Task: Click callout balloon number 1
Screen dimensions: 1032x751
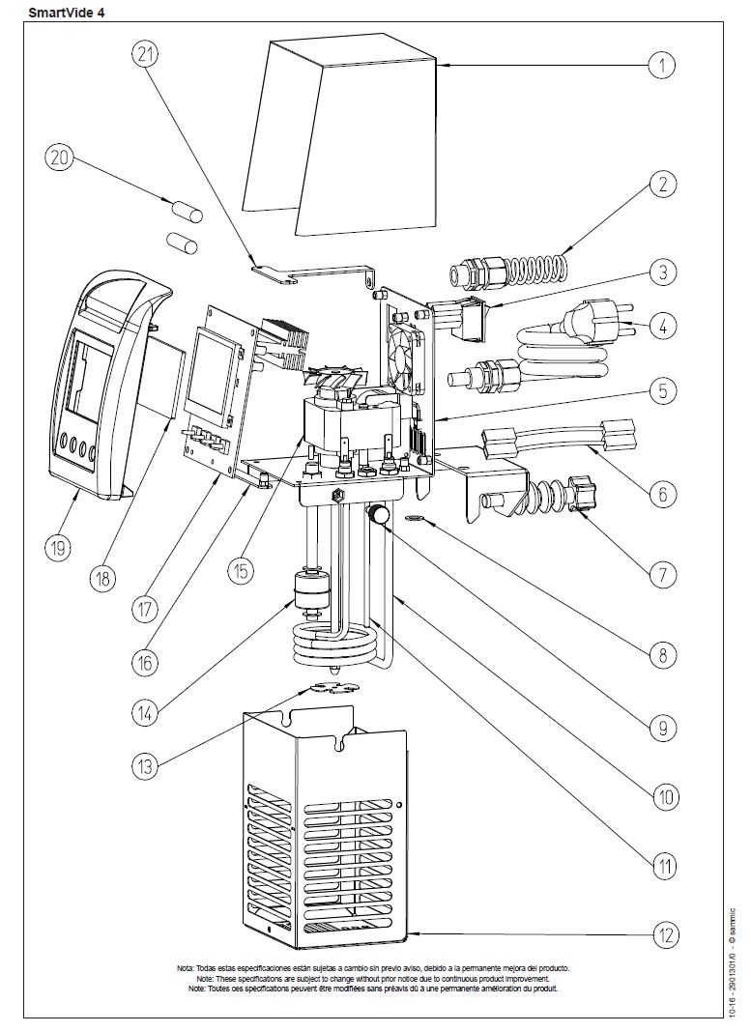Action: click(661, 65)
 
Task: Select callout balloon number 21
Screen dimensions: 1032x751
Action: click(147, 55)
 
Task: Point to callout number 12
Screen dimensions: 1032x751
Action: click(662, 935)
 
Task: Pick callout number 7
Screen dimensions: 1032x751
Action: click(662, 575)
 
